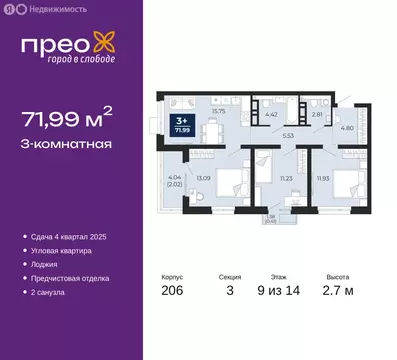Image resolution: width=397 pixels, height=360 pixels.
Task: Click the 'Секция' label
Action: [x=229, y=279]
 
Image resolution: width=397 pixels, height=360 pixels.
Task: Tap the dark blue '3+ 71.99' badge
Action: [x=212, y=125]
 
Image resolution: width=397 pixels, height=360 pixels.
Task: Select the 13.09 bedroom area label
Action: [x=203, y=176]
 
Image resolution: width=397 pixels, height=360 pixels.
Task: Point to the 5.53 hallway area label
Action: [x=287, y=133]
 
